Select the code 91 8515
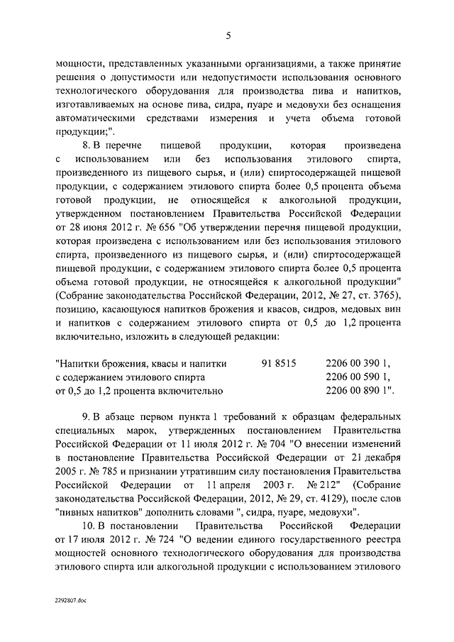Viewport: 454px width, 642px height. (x=279, y=363)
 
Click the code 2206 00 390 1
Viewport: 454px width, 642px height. (x=358, y=363)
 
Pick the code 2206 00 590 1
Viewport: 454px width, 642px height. (x=358, y=377)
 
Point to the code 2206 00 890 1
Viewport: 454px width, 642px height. (x=359, y=390)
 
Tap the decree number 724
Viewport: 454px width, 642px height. (x=154, y=538)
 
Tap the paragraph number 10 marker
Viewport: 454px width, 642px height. (x=89, y=525)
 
